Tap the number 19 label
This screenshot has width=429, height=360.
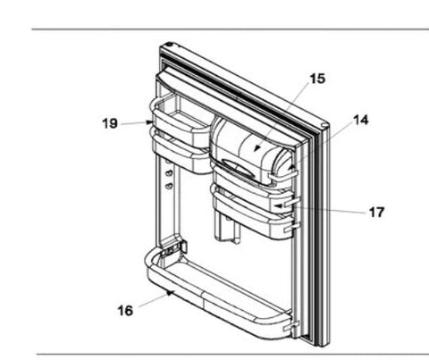click(109, 123)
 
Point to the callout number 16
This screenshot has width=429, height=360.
click(124, 309)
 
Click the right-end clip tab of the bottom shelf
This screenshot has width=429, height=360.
click(286, 329)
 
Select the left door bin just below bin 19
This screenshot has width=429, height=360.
click(179, 147)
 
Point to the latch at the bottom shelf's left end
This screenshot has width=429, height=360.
click(176, 245)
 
